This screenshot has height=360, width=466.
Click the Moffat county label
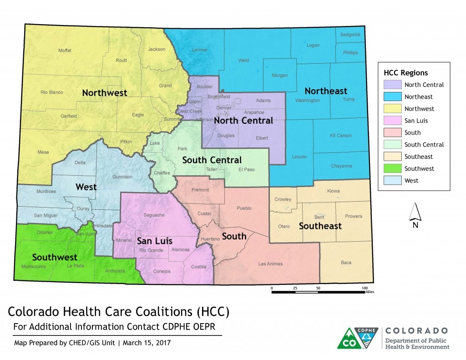pyautogui.click(x=65, y=50)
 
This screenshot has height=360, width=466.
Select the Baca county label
pyautogui.click(x=346, y=262)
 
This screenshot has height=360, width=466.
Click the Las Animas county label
pyautogui.click(x=270, y=264)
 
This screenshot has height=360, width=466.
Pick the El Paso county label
pyautogui.click(x=246, y=170)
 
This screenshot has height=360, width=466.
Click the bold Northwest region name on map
pyautogui.click(x=104, y=93)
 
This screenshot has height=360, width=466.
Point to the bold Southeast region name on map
pyautogui.click(x=320, y=226)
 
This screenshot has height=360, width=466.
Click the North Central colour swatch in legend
pyautogui.click(x=392, y=85)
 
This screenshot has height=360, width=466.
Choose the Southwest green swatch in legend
pyautogui.click(x=392, y=168)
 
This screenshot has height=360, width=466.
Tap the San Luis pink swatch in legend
pyautogui.click(x=392, y=121)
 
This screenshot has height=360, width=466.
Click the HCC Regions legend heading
pyautogui.click(x=405, y=73)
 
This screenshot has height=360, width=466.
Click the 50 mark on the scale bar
pyautogui.click(x=318, y=288)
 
